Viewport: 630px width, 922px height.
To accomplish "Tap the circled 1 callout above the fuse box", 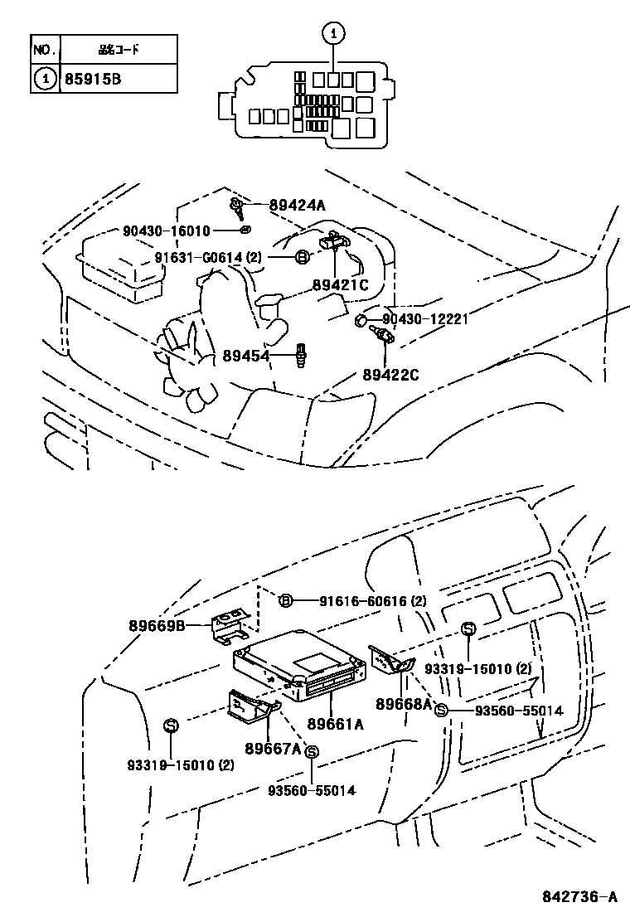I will click(332, 34).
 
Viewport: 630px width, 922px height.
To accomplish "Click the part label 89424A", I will click(297, 206).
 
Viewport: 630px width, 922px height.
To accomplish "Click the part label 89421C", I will click(340, 285).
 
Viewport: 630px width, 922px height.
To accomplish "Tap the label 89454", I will click(246, 357).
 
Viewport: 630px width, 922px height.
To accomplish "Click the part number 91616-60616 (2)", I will click(363, 601).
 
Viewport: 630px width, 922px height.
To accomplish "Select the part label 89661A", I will click(335, 723).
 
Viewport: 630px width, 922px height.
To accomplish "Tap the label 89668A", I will click(404, 704).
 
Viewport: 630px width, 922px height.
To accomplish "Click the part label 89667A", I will click(273, 748).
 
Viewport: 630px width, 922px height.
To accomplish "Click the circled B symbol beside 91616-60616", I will click(284, 601).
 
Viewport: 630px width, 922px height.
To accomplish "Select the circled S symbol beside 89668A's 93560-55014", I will click(441, 710).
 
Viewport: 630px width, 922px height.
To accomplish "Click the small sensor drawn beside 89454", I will click(302, 357).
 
